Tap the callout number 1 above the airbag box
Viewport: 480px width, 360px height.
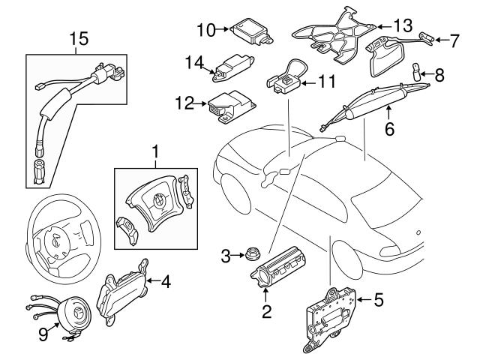tap(155, 154)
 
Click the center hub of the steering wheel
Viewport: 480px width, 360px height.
tap(55, 243)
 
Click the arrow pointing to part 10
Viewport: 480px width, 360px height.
tap(226, 29)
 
